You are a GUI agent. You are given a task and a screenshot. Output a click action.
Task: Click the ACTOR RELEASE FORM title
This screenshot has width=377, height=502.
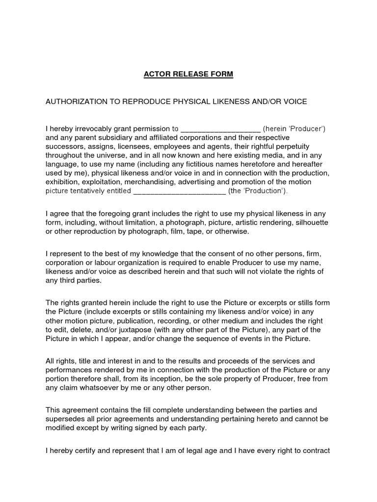coord(188,75)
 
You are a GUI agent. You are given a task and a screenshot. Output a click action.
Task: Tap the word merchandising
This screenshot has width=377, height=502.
coord(144,182)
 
